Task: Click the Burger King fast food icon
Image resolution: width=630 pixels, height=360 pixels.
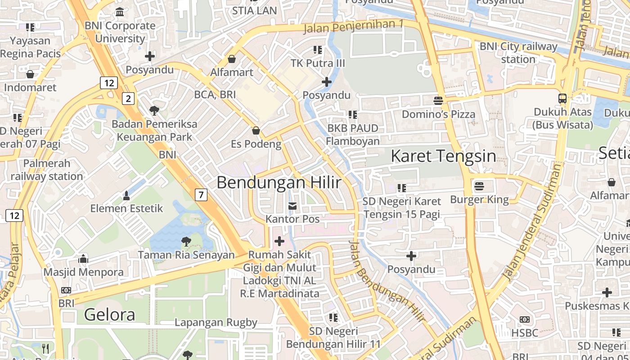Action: click(479, 185)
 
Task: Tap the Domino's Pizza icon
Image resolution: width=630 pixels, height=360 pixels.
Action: click(438, 100)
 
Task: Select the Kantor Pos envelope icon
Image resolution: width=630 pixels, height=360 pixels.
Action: click(292, 206)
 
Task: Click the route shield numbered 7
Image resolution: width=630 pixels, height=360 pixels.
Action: click(201, 195)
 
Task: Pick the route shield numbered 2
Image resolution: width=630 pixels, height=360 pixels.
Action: click(129, 99)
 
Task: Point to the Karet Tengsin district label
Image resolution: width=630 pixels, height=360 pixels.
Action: click(443, 156)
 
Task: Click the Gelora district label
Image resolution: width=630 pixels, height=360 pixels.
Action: click(109, 314)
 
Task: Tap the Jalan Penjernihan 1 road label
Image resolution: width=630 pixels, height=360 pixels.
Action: click(353, 27)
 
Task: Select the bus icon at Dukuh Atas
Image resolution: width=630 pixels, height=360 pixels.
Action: click(562, 99)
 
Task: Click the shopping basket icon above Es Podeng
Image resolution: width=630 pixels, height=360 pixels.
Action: click(256, 130)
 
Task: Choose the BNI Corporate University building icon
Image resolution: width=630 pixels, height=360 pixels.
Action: click(120, 12)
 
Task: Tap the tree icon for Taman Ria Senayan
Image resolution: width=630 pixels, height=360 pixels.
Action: click(186, 242)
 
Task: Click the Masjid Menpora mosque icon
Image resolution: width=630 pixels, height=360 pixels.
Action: click(83, 259)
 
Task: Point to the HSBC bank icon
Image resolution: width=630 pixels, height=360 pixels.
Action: click(524, 319)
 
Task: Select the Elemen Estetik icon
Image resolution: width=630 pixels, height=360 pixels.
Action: click(126, 195)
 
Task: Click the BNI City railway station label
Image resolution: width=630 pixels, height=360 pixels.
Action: click(518, 53)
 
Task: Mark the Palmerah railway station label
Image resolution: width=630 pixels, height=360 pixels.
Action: click(47, 170)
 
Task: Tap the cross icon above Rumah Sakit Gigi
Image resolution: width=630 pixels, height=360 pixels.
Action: click(279, 241)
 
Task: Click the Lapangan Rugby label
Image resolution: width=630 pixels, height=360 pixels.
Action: click(216, 322)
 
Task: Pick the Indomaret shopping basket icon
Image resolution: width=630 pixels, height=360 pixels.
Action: click(30, 74)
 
